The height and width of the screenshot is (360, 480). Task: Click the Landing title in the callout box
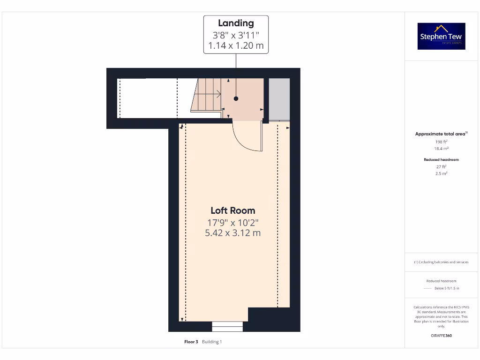236,23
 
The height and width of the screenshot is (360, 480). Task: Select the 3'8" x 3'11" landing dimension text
236,35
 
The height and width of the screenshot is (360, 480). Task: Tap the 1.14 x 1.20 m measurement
236,46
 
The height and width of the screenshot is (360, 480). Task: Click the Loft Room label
233,210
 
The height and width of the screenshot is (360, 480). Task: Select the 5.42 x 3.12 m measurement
233,233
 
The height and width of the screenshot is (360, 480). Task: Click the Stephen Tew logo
442,36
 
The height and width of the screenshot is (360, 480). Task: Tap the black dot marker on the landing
236,98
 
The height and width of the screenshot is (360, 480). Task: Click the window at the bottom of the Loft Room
227,326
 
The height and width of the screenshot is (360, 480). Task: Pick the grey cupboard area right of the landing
279,98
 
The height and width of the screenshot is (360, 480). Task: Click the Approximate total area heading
441,134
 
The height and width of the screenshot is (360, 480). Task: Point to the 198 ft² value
442,141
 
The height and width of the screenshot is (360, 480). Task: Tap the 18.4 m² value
442,148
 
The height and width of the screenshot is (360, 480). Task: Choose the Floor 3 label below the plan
191,342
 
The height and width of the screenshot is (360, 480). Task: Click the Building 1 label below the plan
212,342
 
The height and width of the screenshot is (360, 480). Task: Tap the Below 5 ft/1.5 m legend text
447,288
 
